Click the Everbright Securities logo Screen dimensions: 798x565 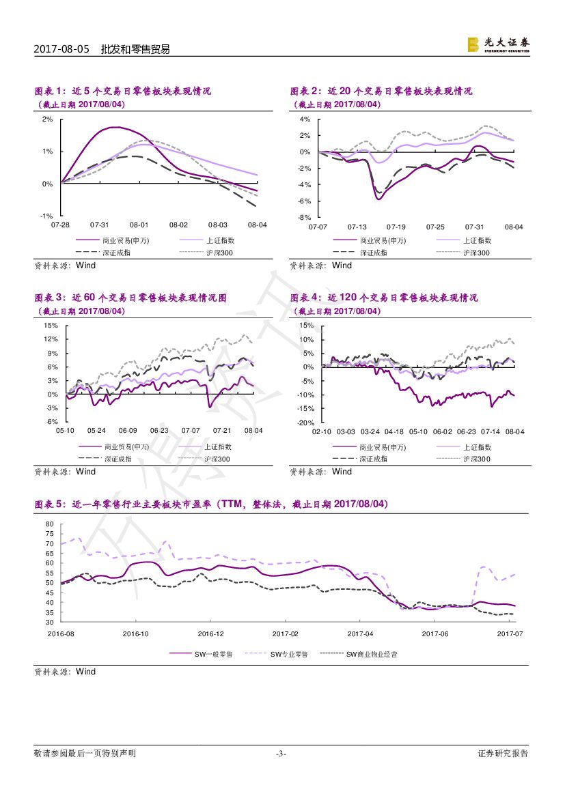click(498, 44)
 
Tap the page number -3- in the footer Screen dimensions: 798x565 click(281, 754)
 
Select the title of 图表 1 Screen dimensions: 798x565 click(123, 91)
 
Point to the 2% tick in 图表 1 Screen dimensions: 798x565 click(48, 119)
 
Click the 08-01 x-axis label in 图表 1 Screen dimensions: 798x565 click(139, 225)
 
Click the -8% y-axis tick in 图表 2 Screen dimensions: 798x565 click(305, 218)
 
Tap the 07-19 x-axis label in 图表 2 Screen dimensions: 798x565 click(396, 226)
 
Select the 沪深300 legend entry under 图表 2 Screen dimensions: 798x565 click(476, 253)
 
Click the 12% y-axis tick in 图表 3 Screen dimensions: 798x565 click(51, 339)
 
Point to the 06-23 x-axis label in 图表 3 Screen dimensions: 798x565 click(159, 431)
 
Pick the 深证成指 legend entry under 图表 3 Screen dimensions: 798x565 click(118, 459)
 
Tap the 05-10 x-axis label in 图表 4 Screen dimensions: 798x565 click(419, 431)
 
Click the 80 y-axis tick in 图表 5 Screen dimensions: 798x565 click(49, 524)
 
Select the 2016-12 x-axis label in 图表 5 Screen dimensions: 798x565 click(210, 633)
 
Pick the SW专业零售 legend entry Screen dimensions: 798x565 click(289, 654)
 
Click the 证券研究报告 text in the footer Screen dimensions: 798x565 click(503, 754)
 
